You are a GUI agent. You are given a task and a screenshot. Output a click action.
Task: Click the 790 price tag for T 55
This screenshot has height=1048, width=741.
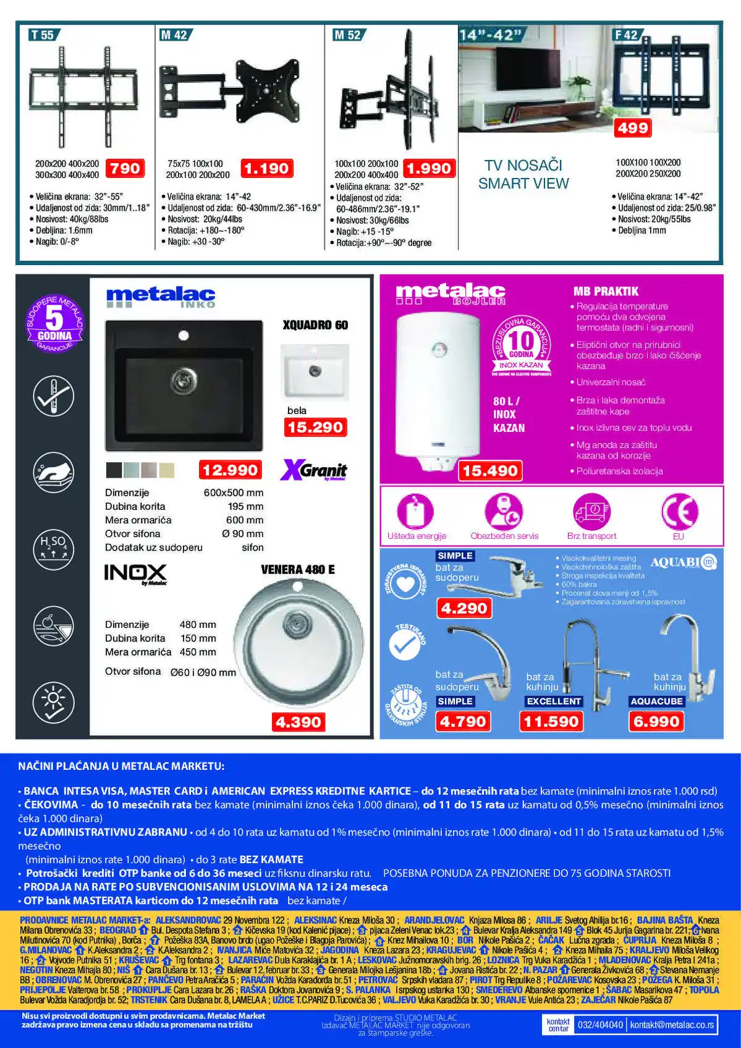point(125,168)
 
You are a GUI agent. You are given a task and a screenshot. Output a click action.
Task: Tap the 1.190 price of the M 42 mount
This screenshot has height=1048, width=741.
point(266,168)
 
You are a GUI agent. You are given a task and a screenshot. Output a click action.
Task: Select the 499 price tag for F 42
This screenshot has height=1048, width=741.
point(632,128)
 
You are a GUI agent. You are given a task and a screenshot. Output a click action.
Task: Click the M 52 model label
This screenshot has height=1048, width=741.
point(347,35)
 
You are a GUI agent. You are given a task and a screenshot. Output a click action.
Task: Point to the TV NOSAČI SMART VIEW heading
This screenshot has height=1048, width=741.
point(523,174)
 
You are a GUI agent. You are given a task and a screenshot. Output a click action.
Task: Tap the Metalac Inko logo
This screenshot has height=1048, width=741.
point(161,297)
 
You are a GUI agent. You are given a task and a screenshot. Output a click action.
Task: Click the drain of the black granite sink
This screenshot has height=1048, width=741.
point(183,376)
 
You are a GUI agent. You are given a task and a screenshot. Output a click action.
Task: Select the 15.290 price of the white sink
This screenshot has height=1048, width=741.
point(315,427)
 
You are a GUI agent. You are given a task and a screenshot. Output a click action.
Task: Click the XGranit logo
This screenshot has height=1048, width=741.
point(313,470)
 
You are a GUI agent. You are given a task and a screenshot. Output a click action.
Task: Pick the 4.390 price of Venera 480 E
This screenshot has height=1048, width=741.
point(299,722)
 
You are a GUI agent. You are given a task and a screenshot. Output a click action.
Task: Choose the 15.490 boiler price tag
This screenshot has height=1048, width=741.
point(489,471)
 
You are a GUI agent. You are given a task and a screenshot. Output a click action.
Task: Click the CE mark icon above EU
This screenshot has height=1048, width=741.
point(679,512)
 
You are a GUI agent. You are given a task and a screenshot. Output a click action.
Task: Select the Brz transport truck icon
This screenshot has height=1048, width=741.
point(591,512)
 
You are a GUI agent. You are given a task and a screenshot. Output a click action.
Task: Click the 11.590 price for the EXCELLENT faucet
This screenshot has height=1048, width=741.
point(551,721)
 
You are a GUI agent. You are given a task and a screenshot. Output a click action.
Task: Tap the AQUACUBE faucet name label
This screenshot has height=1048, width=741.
point(656,701)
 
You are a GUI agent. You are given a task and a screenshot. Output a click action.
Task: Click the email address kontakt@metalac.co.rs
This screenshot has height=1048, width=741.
point(672,1025)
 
